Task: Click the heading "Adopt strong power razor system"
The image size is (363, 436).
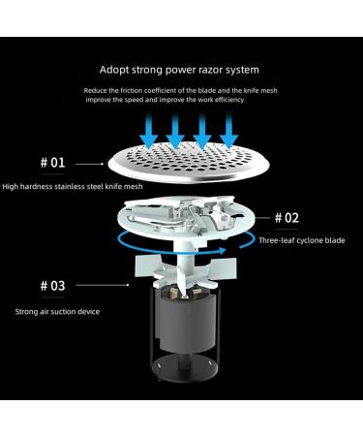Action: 179,70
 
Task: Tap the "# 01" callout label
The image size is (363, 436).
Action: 52,163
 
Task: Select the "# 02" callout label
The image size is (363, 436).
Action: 287,218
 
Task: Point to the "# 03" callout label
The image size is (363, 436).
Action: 52,286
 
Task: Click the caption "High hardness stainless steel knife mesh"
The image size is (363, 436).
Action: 73,187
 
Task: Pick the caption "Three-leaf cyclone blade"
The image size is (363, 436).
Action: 302,240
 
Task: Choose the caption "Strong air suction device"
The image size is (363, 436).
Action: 57,312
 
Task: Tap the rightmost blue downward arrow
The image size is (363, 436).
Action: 228,130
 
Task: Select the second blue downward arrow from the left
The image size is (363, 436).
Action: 175,130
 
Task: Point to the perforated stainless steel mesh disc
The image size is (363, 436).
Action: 189,163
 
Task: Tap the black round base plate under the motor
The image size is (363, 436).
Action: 186,368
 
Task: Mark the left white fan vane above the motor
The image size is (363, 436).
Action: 147,266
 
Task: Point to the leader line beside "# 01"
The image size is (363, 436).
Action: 89,164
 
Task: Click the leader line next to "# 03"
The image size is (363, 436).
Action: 103,285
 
